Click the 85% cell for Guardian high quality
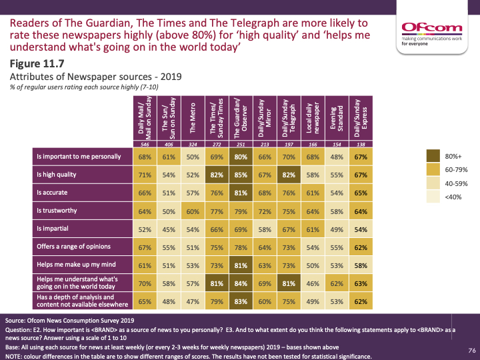point(240,174)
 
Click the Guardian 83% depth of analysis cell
point(240,301)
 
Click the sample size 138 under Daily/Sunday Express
point(360,144)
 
